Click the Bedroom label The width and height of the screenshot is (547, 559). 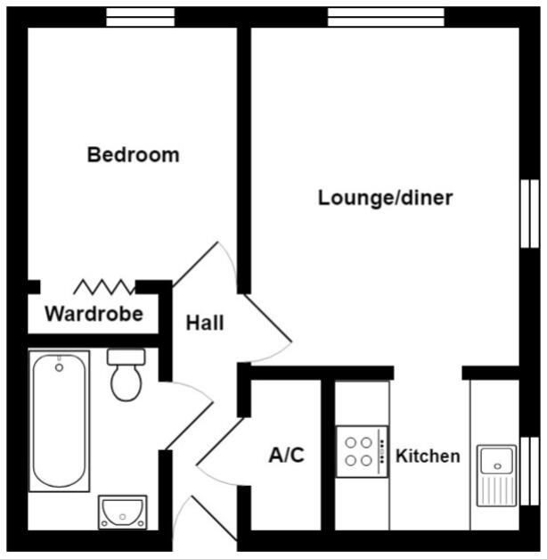133,155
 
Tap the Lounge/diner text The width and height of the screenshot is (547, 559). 385,198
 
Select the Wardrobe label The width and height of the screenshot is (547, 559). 94,314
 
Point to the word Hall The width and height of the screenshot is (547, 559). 204,323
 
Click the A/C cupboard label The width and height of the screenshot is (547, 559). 286,456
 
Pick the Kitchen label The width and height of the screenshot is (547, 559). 428,456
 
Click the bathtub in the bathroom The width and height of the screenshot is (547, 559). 59,420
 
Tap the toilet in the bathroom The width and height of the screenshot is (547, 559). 127,374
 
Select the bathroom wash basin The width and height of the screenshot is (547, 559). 122,512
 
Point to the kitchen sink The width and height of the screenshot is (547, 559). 496,473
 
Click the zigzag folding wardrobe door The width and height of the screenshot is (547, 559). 104,286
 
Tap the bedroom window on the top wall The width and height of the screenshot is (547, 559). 141,17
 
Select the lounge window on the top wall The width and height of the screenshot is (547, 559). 385,17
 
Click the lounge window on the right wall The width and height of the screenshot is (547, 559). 529,214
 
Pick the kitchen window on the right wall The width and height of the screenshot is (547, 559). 529,464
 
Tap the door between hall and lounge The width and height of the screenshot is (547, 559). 268,325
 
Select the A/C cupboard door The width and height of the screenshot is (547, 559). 219,446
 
